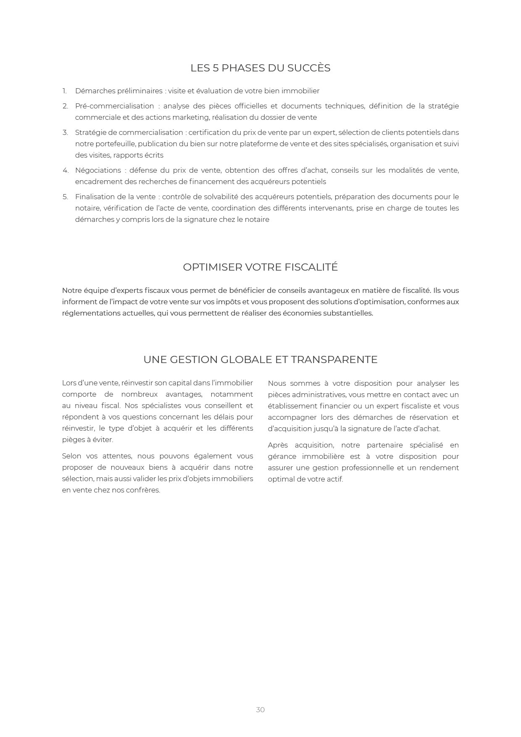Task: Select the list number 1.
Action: click(x=64, y=91)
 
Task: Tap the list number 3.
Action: click(x=65, y=132)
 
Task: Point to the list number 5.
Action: click(x=65, y=197)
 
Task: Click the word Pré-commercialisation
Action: click(x=114, y=106)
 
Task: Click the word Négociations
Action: click(x=98, y=170)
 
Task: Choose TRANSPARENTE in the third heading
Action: click(x=334, y=360)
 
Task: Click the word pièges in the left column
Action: click(x=73, y=440)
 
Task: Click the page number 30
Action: click(x=260, y=710)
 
